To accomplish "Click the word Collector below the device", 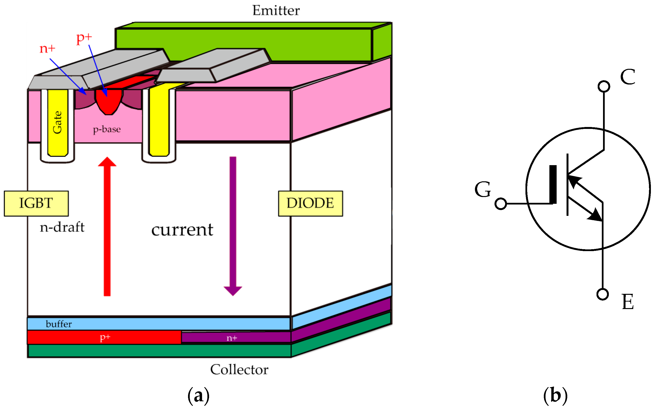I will [239, 369].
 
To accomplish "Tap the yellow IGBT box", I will [36, 204].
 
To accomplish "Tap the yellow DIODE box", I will [310, 204].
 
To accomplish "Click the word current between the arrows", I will [182, 230].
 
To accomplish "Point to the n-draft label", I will [62, 227].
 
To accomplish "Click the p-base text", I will [107, 129].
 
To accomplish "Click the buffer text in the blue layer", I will [59, 324].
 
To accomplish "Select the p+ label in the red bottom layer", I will [105, 337].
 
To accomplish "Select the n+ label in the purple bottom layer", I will [232, 338].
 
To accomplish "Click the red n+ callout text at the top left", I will [47, 49].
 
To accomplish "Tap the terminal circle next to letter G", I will [500, 204].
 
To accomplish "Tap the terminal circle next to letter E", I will [603, 294].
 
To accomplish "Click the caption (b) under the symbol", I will [555, 395].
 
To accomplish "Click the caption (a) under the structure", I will [198, 395].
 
